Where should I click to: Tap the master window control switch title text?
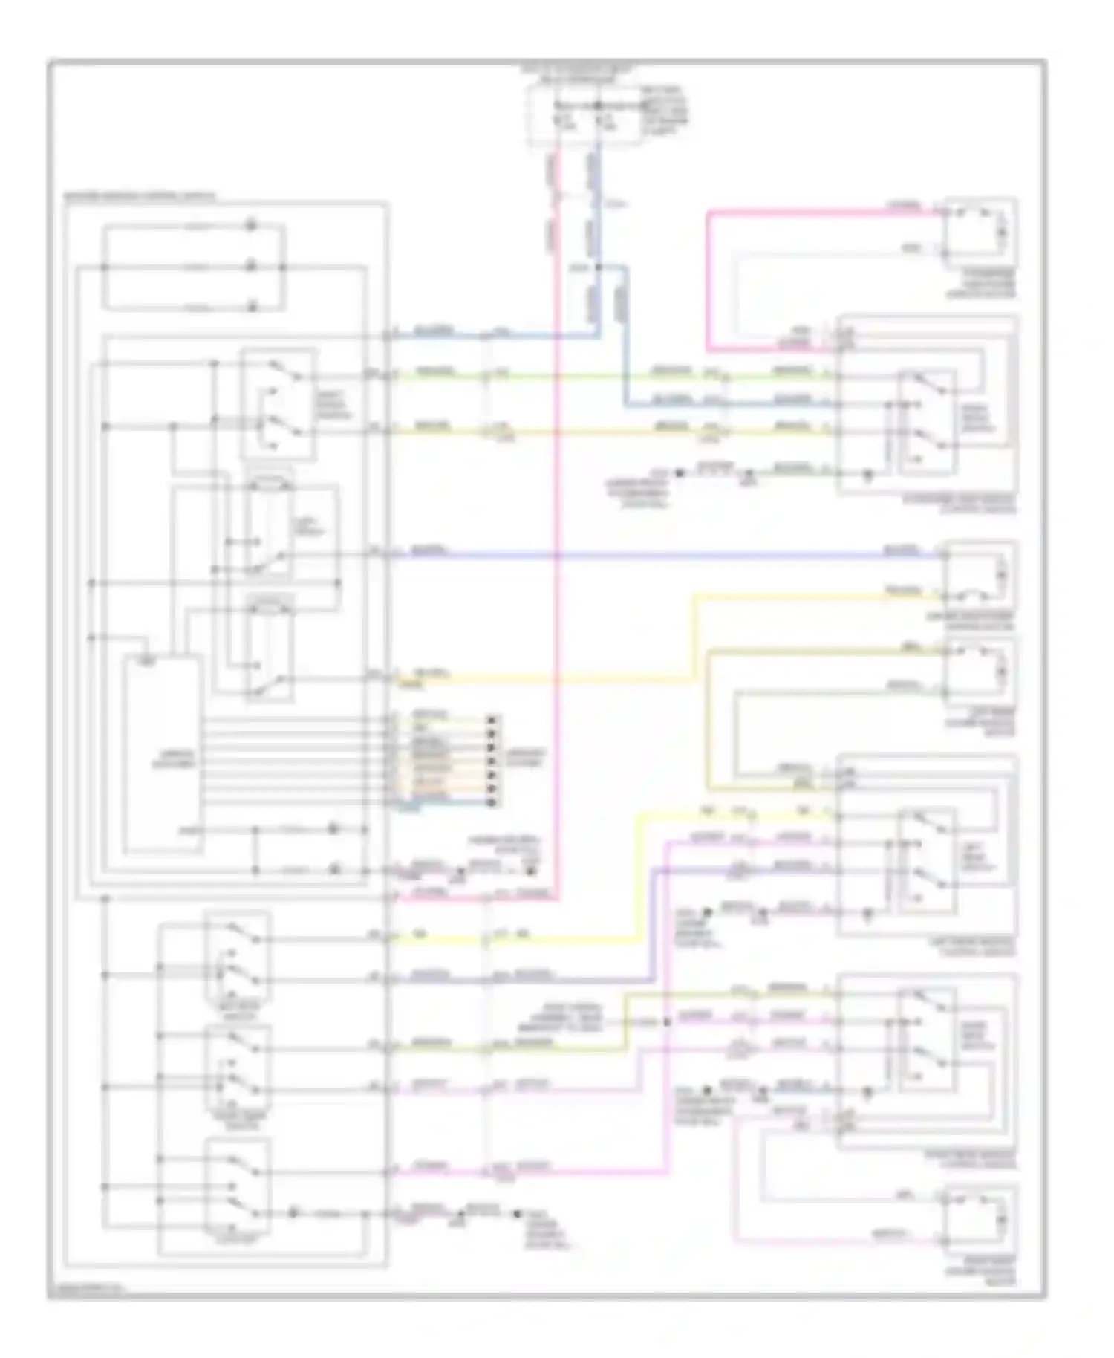tap(141, 197)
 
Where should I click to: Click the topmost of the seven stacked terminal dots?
tap(491, 719)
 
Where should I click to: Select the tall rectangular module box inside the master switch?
tap(162, 754)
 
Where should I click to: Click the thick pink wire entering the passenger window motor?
tap(817, 212)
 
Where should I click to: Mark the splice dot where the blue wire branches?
tap(598, 267)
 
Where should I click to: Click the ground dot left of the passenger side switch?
tap(677, 472)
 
